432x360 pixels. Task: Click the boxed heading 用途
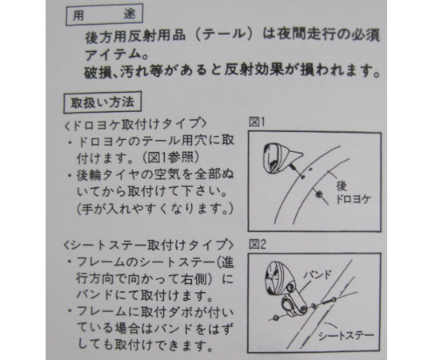coord(104,15)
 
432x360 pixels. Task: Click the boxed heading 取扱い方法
coord(102,102)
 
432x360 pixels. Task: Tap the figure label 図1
coord(257,122)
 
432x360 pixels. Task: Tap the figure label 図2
coord(258,244)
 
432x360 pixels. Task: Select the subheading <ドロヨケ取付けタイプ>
coord(134,125)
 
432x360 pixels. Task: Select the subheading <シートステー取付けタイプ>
coord(148,244)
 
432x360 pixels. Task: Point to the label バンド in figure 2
coord(317,274)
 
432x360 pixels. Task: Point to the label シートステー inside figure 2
coord(346,335)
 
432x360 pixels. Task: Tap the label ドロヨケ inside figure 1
coord(353,199)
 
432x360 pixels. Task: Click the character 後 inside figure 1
coord(342,186)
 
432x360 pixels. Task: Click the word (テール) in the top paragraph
coord(225,35)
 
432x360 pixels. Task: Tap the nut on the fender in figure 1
coord(319,194)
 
